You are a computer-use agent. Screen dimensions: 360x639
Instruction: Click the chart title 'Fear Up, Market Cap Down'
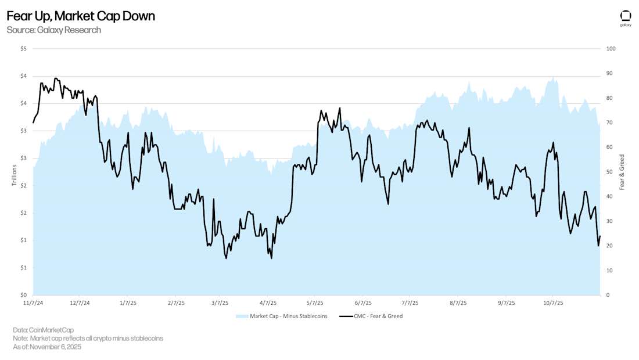point(81,16)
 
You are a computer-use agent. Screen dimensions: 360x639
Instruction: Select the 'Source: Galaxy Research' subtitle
point(53,30)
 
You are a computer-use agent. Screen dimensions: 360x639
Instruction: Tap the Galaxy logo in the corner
point(625,18)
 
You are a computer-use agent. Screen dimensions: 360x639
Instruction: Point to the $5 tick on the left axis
point(23,49)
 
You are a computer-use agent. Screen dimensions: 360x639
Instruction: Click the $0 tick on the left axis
point(23,295)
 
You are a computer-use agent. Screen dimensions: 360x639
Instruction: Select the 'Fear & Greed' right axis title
point(622,172)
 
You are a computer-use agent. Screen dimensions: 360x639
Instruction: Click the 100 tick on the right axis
point(611,49)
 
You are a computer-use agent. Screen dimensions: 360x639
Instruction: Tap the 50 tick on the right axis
point(609,172)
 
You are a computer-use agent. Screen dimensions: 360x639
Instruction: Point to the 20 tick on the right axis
point(609,246)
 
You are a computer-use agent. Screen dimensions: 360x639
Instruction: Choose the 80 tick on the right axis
point(609,98)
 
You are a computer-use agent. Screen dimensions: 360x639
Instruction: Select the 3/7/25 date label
point(220,303)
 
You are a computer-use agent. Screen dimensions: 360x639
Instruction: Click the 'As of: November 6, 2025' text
point(47,347)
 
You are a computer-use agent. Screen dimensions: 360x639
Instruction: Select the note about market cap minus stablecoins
point(88,338)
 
